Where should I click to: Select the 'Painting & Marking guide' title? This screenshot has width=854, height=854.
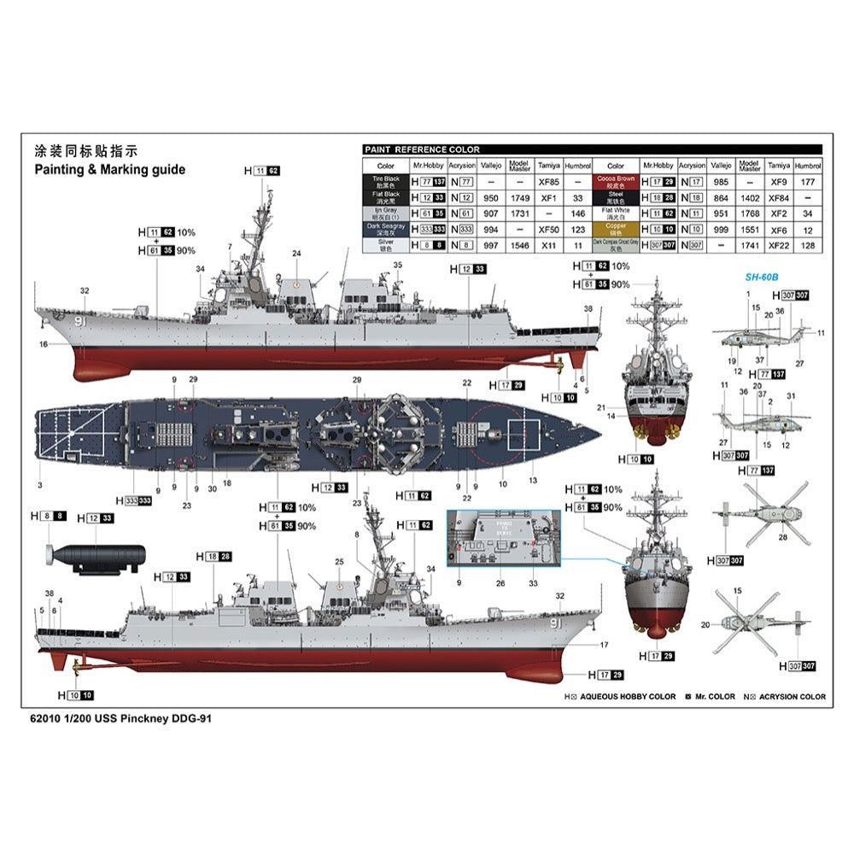(x=109, y=169)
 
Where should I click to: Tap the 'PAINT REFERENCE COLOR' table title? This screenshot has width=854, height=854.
(x=422, y=149)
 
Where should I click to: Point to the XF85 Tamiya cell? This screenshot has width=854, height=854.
(x=550, y=182)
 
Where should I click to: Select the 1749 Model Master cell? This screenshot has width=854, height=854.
(x=519, y=198)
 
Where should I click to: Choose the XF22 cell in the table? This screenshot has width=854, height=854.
(x=778, y=245)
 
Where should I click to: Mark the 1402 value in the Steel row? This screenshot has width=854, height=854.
(x=749, y=198)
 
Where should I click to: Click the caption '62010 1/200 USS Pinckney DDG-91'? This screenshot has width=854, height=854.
(x=120, y=719)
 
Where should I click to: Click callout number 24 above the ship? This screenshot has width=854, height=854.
(x=296, y=254)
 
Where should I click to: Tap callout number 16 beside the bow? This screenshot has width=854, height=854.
(x=43, y=344)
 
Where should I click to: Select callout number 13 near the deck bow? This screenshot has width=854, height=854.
(x=532, y=482)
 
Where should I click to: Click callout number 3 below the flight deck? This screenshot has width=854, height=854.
(x=39, y=485)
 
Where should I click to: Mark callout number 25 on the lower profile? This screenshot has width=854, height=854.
(x=339, y=561)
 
